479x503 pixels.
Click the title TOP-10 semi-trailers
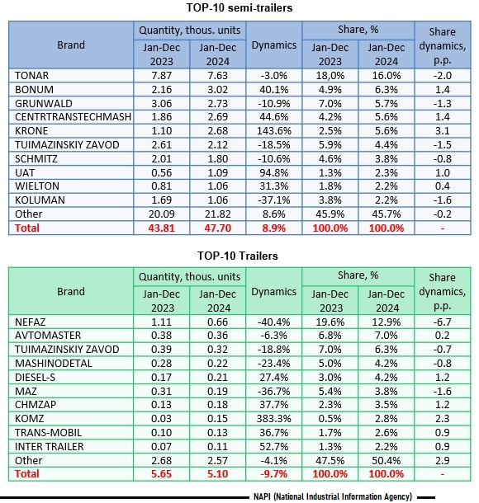click(239, 7)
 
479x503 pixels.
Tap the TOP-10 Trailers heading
click(237, 256)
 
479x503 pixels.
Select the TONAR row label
click(31, 75)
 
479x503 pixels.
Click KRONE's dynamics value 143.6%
click(273, 131)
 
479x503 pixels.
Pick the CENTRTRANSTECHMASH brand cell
click(73, 117)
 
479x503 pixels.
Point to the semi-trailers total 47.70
click(218, 228)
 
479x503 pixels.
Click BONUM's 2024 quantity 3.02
click(218, 90)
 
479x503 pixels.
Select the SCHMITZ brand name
click(36, 159)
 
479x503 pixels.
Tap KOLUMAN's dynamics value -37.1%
click(273, 200)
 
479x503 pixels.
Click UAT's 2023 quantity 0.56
click(162, 173)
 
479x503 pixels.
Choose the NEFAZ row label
click(31, 322)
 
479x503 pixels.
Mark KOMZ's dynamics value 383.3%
click(273, 419)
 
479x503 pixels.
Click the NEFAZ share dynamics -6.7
click(443, 322)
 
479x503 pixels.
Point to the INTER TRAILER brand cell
click(50, 447)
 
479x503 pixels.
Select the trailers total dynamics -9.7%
click(273, 474)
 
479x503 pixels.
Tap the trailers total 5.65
click(162, 474)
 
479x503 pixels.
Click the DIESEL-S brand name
click(35, 378)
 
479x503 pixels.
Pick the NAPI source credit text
click(333, 496)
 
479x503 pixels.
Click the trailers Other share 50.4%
click(387, 461)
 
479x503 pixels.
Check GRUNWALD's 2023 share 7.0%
click(330, 104)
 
